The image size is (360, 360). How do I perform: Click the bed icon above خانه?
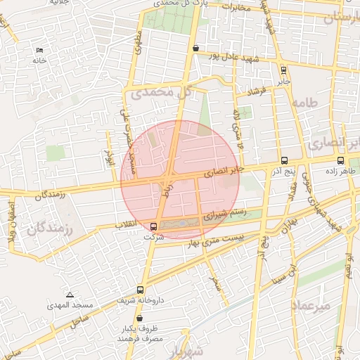pyautogui.click(x=39, y=50)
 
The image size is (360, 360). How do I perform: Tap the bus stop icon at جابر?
pyautogui.click(x=283, y=70)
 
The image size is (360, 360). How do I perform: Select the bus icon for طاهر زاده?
pyautogui.click(x=341, y=160)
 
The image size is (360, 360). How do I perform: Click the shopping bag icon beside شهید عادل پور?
pyautogui.click(x=195, y=49)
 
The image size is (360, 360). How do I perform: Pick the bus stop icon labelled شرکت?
pyautogui.click(x=154, y=226)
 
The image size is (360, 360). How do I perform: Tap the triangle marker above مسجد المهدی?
pyautogui.click(x=70, y=295)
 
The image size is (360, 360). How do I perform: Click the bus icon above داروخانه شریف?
pyautogui.click(x=141, y=289)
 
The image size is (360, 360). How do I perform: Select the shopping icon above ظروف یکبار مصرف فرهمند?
pyautogui.click(x=141, y=319)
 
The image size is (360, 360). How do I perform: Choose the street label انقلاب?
pyautogui.click(x=129, y=224)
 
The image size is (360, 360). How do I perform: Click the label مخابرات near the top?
pyautogui.click(x=236, y=8)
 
